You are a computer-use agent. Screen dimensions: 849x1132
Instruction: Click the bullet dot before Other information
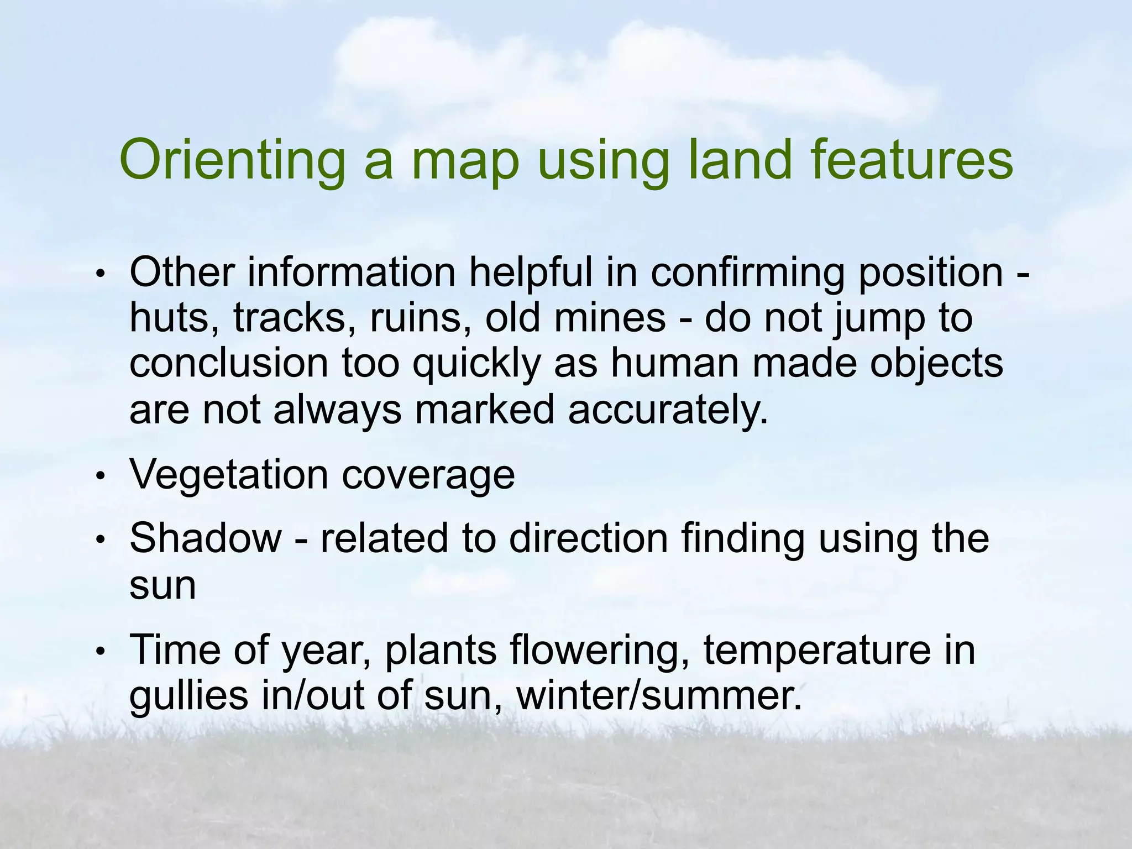click(x=100, y=274)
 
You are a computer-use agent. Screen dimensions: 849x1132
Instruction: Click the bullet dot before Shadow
click(x=100, y=539)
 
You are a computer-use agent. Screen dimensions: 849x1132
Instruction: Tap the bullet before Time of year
click(x=100, y=651)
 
